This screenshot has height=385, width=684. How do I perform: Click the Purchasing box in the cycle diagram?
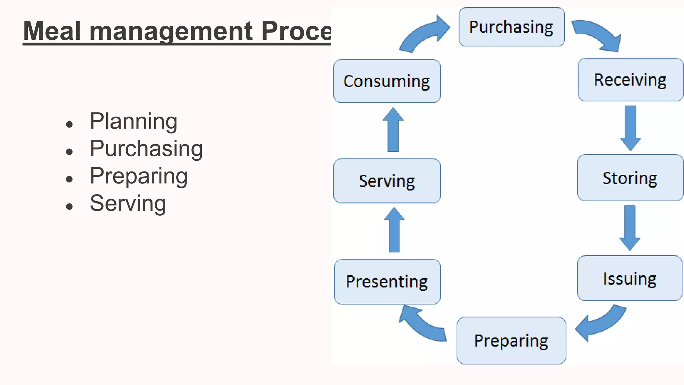[511, 27]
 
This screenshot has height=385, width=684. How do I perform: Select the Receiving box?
[630, 80]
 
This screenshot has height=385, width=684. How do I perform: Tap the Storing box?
[630, 178]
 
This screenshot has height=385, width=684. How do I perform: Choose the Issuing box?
[629, 278]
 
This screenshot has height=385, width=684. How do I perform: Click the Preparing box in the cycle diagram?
[511, 341]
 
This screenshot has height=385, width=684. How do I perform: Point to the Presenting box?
[387, 281]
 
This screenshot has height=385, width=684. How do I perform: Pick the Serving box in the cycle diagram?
[387, 181]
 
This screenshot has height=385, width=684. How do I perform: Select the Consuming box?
[387, 81]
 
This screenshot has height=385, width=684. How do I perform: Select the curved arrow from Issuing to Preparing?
[601, 323]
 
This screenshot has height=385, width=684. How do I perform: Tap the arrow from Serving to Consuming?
[393, 130]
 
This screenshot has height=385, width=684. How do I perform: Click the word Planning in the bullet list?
[133, 121]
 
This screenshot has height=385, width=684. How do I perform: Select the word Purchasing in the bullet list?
[146, 148]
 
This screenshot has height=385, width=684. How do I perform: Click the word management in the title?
[171, 31]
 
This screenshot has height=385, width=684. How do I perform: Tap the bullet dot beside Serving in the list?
[69, 207]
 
